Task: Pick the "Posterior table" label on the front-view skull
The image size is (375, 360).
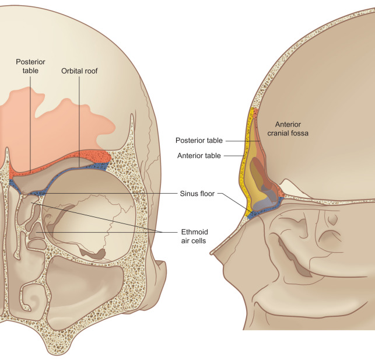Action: pyautogui.click(x=27, y=66)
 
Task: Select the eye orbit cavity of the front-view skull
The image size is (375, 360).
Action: pyautogui.click(x=87, y=216)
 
